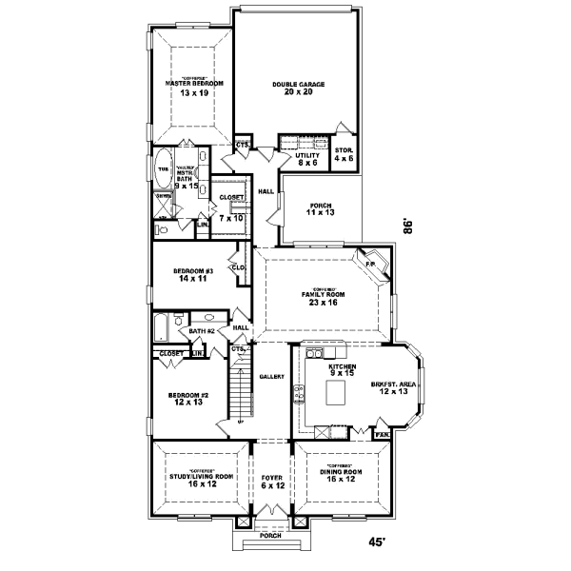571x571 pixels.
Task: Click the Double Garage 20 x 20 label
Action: click(298, 89)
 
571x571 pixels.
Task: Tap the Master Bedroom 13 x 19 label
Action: click(194, 88)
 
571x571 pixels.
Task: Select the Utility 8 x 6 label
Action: click(306, 158)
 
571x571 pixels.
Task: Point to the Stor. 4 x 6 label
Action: click(345, 154)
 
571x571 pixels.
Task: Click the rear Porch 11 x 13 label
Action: click(320, 209)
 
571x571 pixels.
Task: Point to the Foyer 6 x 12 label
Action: click(272, 482)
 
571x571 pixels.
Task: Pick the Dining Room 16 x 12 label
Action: click(340, 478)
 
